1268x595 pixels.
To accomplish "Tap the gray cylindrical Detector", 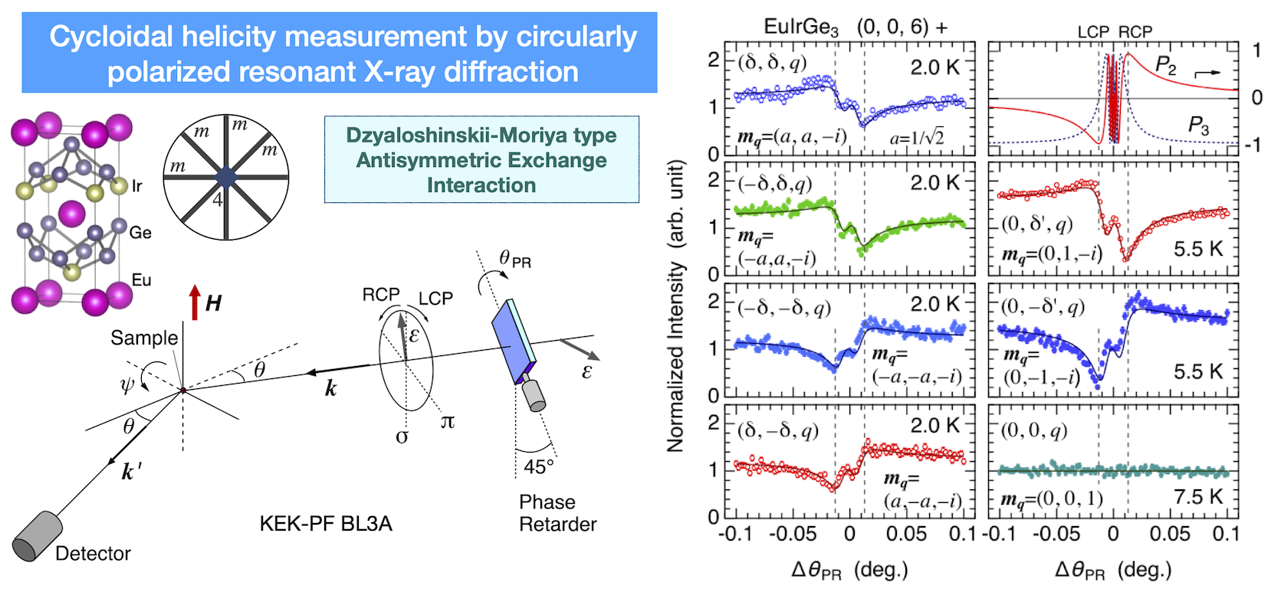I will (37, 536).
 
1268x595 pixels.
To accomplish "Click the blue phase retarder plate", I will (510, 341).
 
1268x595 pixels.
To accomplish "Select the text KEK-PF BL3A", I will (326, 524).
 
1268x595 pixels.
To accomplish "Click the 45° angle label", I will (539, 466).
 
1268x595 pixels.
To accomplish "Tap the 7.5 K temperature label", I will (1198, 497).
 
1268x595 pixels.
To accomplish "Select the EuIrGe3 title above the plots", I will (801, 28).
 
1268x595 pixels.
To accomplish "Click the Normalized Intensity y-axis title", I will (675, 306).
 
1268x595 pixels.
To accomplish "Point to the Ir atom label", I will (136, 185).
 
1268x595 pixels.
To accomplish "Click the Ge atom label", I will (140, 232).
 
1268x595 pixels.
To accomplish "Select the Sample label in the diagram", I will (144, 338).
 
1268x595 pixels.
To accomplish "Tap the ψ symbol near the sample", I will (127, 384).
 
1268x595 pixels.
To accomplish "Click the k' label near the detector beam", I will (131, 472).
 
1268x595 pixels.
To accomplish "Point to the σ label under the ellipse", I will (402, 436).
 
